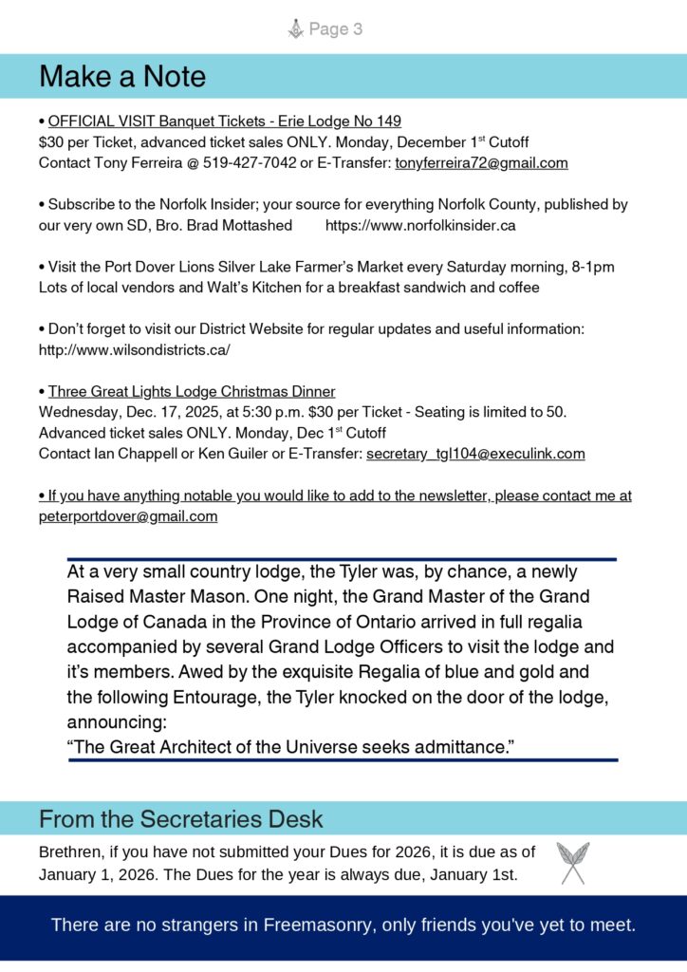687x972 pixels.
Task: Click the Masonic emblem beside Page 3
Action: tap(295, 29)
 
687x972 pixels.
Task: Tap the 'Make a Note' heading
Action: tap(122, 76)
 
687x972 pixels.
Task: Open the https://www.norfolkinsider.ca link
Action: tap(420, 226)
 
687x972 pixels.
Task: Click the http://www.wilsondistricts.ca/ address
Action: tap(134, 349)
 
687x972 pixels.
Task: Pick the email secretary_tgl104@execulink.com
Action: tap(475, 454)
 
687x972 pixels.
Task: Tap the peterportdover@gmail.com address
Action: tap(128, 516)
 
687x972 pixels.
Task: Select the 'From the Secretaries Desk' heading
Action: tap(181, 818)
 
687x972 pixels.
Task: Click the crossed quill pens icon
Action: tap(572, 863)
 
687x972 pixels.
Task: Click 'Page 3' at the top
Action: tap(335, 29)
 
